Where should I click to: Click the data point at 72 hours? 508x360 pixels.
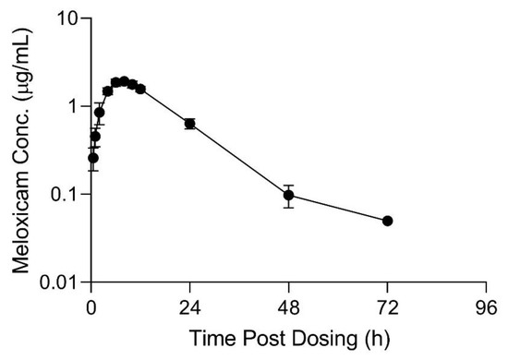pyautogui.click(x=387, y=221)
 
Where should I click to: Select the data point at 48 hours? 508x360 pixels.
pyautogui.click(x=288, y=195)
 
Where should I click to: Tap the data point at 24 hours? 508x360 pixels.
pyautogui.click(x=189, y=124)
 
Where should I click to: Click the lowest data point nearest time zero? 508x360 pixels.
pyautogui.click(x=92, y=158)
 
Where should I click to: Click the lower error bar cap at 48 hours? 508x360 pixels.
pyautogui.click(x=288, y=207)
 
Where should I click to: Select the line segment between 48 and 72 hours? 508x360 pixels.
pyautogui.click(x=337, y=208)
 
